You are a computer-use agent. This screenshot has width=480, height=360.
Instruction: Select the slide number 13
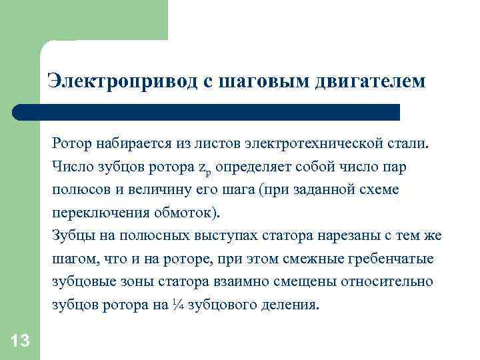[21, 342]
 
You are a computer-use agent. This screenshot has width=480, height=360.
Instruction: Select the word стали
[413, 143]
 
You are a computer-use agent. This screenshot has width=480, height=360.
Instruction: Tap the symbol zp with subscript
[205, 167]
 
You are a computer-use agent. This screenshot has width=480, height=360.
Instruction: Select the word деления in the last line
[290, 305]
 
